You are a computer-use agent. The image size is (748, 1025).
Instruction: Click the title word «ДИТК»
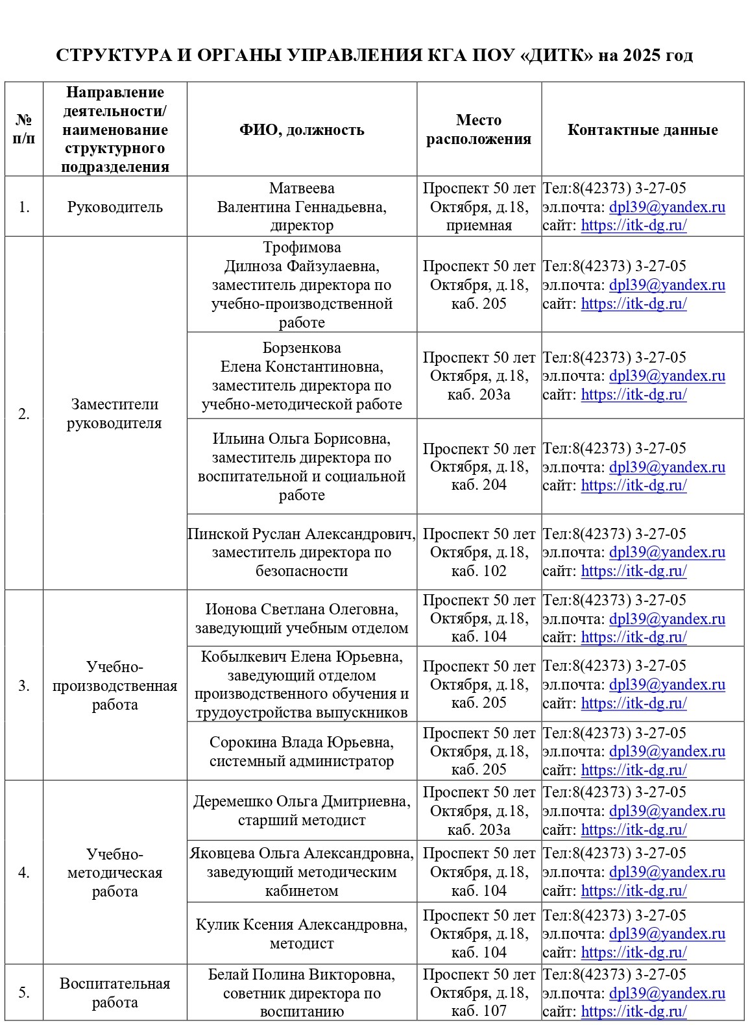click(557, 55)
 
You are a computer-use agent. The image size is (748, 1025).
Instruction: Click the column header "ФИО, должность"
click(302, 130)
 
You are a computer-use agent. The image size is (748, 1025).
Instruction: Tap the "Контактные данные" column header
click(642, 130)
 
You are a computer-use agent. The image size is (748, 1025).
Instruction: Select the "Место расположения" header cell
click(479, 130)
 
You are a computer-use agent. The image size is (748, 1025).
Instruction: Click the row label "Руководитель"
click(115, 207)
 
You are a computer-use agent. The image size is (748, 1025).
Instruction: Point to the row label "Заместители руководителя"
click(115, 414)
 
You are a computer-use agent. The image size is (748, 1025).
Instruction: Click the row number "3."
click(24, 686)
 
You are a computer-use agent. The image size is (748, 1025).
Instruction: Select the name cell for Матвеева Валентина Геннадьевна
click(302, 207)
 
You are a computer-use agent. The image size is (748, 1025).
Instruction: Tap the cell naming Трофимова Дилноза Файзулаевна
click(302, 285)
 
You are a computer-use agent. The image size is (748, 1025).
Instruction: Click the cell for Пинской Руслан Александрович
click(302, 552)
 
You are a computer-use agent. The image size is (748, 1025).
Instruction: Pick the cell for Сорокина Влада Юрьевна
click(302, 751)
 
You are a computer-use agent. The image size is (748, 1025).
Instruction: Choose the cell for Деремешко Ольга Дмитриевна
click(302, 811)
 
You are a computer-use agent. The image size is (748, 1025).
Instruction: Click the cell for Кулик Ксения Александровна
click(302, 934)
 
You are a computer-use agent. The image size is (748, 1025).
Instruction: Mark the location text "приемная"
click(479, 226)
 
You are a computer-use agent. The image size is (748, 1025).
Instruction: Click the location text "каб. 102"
click(479, 571)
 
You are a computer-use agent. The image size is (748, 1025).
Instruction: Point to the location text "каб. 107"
click(479, 1011)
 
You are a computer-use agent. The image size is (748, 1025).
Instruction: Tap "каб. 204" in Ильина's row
click(479, 485)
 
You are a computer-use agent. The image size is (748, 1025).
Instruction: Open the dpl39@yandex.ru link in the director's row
click(667, 208)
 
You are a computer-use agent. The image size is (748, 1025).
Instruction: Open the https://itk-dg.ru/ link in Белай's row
click(634, 1011)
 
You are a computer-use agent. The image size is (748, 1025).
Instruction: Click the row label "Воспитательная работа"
click(115, 993)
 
